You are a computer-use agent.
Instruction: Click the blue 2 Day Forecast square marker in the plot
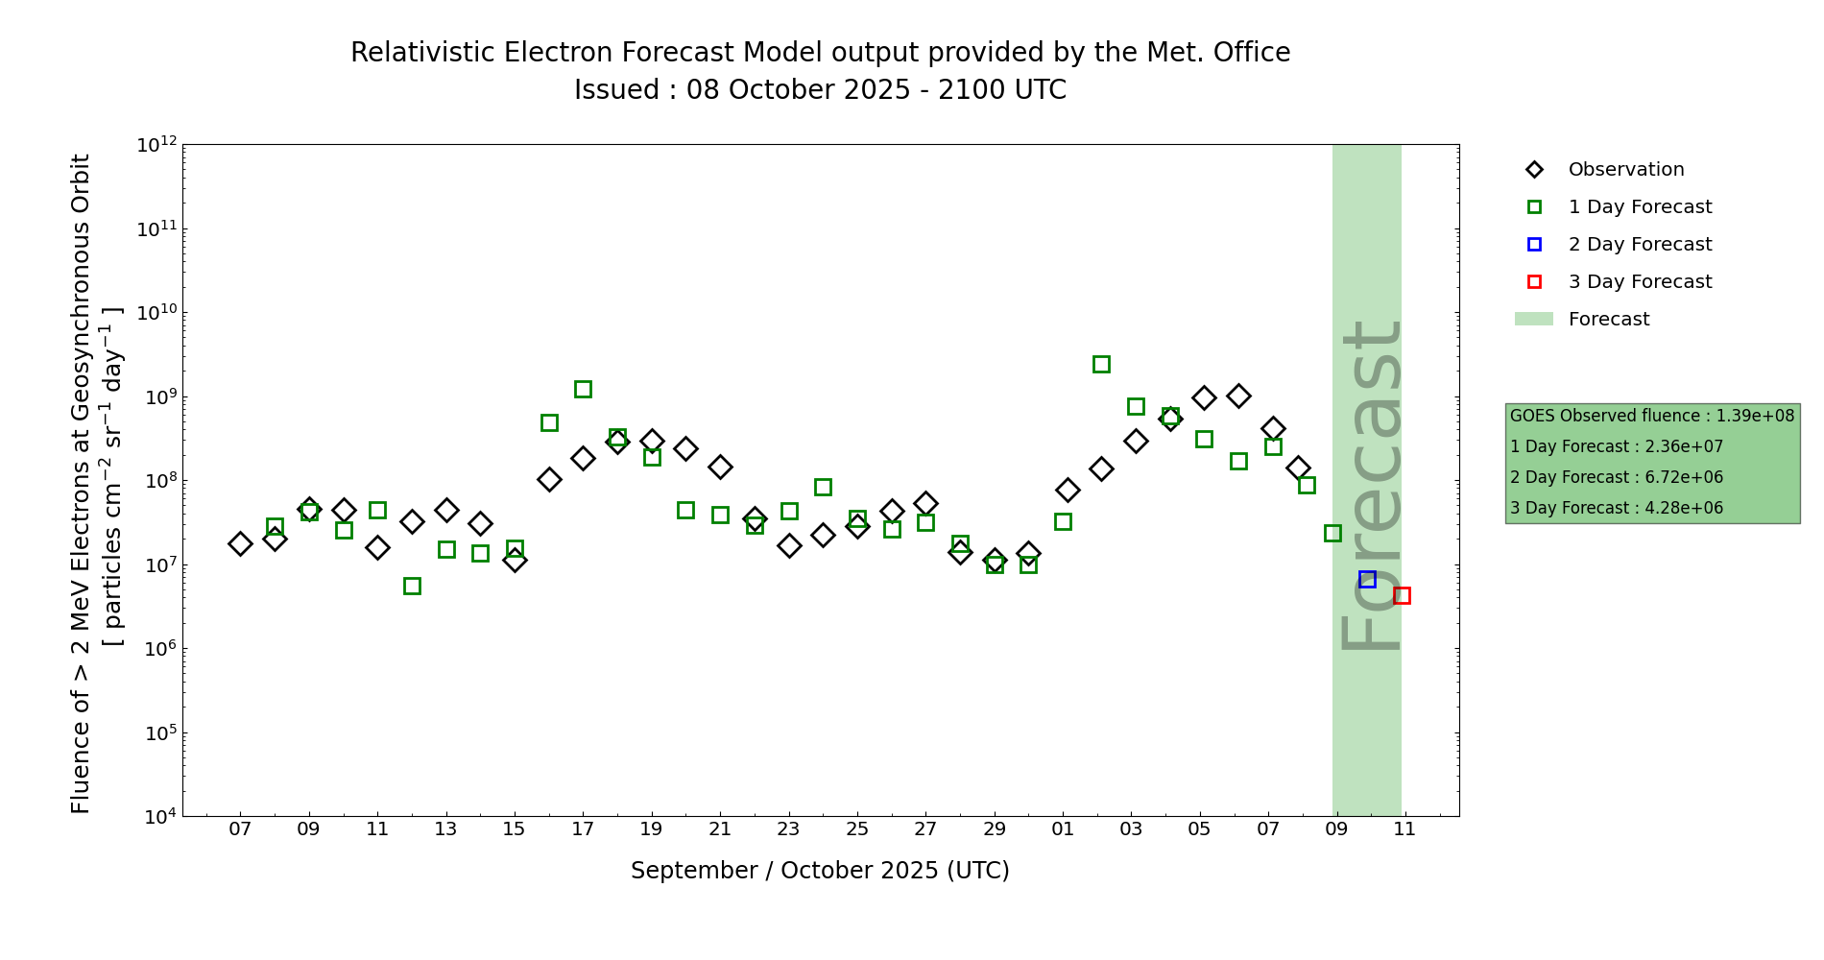click(1367, 579)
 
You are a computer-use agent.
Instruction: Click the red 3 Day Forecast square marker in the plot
click(1402, 595)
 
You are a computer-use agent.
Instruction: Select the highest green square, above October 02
click(1101, 364)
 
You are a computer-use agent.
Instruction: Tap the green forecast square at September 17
click(583, 389)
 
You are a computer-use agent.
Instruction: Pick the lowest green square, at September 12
click(412, 586)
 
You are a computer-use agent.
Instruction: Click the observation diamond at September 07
click(240, 543)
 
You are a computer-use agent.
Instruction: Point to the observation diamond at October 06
click(1238, 396)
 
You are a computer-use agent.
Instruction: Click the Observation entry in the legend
click(1625, 170)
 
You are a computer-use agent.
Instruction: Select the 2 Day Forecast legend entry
click(1639, 245)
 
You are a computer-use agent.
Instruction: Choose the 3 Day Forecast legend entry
click(1639, 282)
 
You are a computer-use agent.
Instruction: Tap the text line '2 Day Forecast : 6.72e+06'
click(1616, 477)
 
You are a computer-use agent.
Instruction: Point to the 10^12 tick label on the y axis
click(156, 145)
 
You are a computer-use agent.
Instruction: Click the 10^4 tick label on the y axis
click(159, 817)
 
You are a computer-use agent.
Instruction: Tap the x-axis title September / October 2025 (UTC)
click(820, 871)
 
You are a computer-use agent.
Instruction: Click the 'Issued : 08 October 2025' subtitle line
click(820, 90)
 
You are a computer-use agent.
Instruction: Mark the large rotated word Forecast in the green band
click(1370, 485)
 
